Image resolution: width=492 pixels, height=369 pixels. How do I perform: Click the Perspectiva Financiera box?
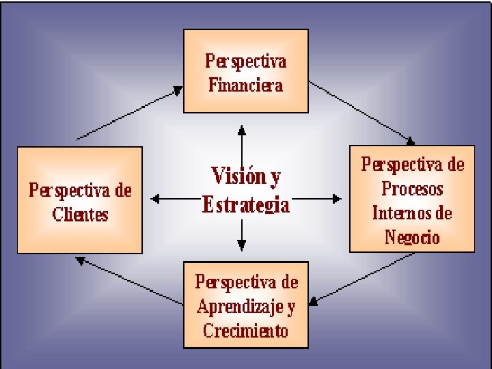(x=245, y=71)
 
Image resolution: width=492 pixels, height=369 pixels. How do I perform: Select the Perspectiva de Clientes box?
(x=79, y=200)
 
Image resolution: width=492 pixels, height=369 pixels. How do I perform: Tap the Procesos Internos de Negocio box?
(x=411, y=199)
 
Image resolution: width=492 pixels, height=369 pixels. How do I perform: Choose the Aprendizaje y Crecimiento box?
(x=245, y=305)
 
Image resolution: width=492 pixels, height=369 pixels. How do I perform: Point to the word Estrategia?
(x=245, y=205)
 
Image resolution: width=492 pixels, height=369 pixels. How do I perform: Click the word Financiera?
(x=245, y=85)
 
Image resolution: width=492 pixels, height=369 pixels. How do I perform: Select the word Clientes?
(x=80, y=215)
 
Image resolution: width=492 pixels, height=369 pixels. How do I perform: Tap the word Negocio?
(x=412, y=237)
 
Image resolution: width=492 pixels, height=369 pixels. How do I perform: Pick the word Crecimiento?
(x=245, y=331)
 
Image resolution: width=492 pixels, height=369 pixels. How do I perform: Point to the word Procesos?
(x=412, y=188)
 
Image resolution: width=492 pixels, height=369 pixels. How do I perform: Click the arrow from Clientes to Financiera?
(x=130, y=113)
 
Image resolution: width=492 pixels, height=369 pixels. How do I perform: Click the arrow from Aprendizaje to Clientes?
(x=130, y=279)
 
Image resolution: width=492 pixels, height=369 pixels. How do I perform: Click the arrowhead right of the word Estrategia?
(x=336, y=199)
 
